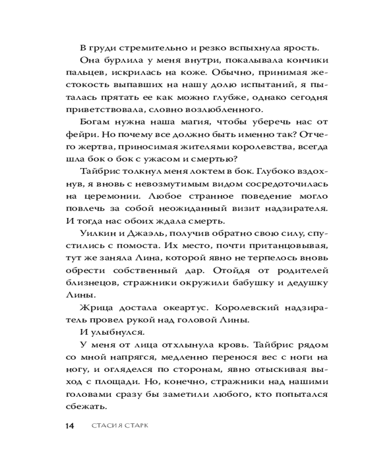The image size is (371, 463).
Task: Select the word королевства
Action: pos(276,146)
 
